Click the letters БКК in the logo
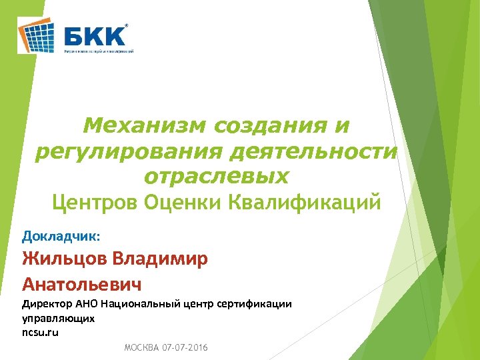(x=95, y=34)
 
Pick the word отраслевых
(x=217, y=177)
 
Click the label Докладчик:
(x=61, y=235)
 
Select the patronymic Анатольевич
(x=82, y=285)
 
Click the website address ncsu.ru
(x=41, y=332)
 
